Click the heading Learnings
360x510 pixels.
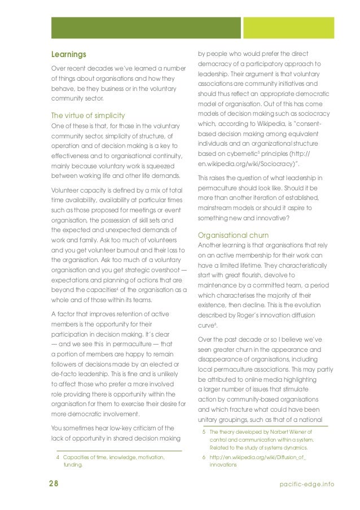tap(68, 55)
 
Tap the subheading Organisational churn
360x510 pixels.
tap(233, 235)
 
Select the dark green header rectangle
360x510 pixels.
tap(146, 28)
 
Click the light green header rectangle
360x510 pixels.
tap(280, 28)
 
